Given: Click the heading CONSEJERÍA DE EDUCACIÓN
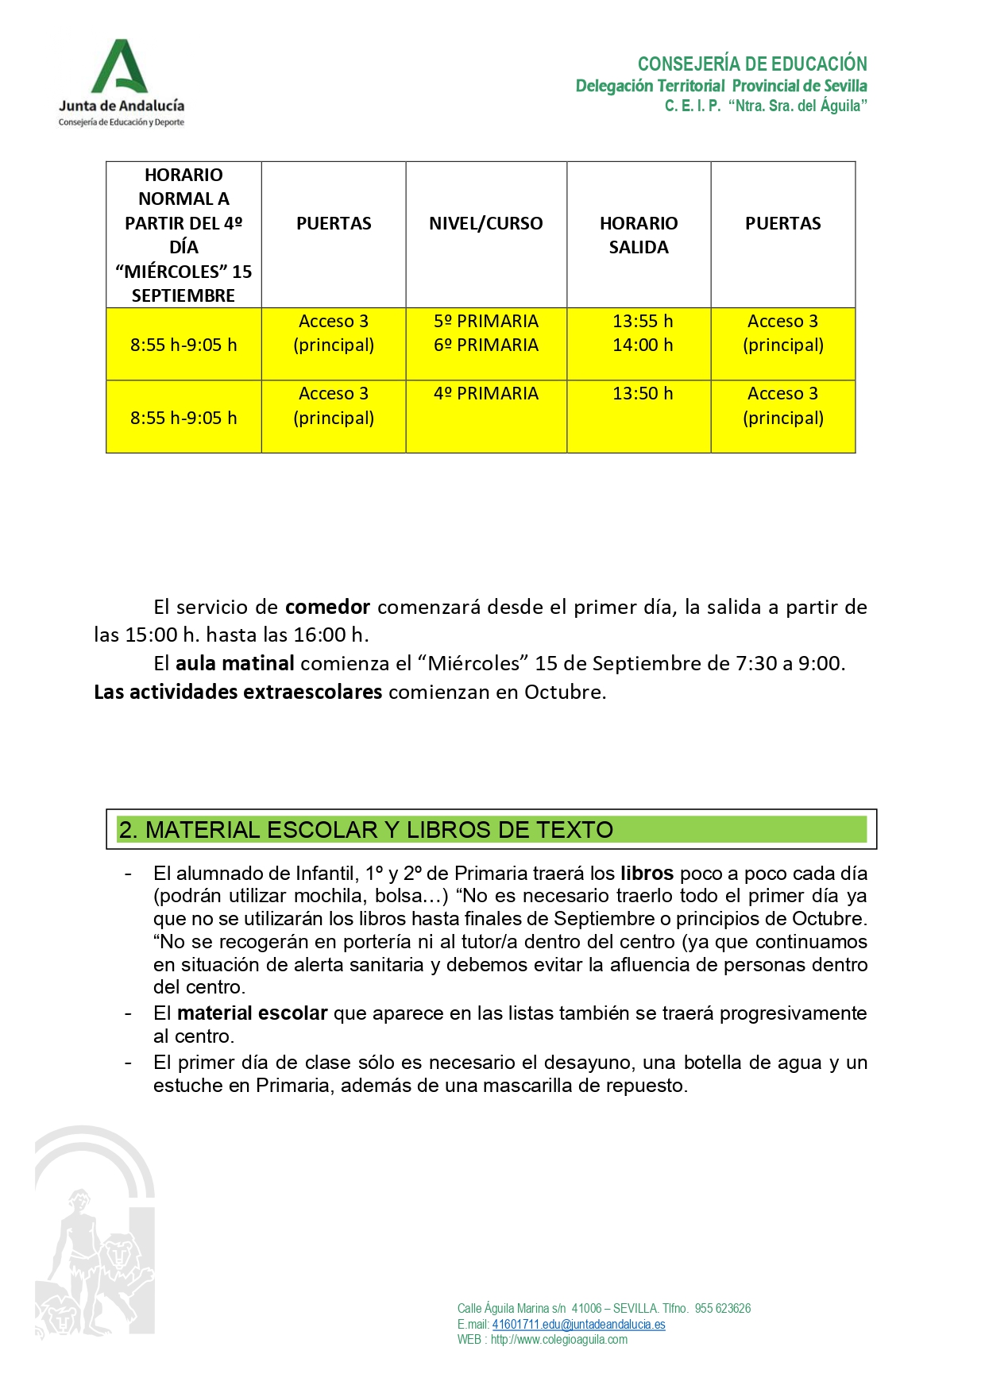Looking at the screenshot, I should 751,64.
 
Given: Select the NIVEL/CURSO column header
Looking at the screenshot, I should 485,224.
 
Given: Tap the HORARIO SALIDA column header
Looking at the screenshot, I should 639,235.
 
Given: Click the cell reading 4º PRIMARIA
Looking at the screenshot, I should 485,394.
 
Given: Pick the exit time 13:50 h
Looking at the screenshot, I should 642,394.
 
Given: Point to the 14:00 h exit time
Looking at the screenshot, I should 642,345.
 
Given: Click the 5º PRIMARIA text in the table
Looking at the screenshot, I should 485,322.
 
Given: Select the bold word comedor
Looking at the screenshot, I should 327,608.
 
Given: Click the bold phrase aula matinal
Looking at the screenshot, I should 234,664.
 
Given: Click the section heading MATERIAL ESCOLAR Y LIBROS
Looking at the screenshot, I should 365,830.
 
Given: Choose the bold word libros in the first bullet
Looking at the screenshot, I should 647,874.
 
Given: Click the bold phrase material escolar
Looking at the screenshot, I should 252,1013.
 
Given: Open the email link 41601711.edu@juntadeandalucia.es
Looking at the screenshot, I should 578,1325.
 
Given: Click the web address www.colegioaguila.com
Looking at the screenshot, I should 558,1340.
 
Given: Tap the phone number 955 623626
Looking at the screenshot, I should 722,1309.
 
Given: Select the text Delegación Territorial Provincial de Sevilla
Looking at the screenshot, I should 720,86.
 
